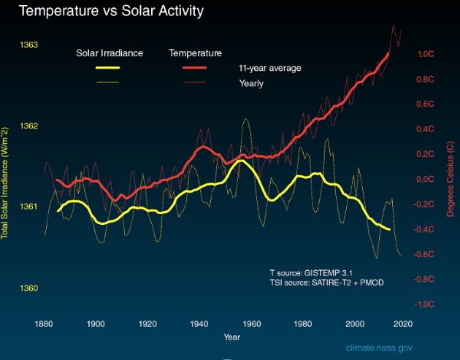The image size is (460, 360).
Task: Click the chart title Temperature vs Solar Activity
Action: tap(110, 12)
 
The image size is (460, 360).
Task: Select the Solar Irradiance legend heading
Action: tap(110, 53)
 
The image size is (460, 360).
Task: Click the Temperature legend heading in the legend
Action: tap(195, 53)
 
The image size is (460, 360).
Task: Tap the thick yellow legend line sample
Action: tap(107, 68)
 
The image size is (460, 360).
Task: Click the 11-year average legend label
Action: tap(269, 68)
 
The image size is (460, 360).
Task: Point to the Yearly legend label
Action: tap(251, 83)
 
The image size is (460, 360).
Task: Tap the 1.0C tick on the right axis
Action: tap(426, 54)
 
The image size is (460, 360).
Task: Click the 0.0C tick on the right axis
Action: tap(426, 180)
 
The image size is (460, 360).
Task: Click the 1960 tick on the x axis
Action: tap(253, 323)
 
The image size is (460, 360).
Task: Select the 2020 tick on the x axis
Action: tap(402, 323)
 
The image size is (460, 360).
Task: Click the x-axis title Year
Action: tap(232, 337)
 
